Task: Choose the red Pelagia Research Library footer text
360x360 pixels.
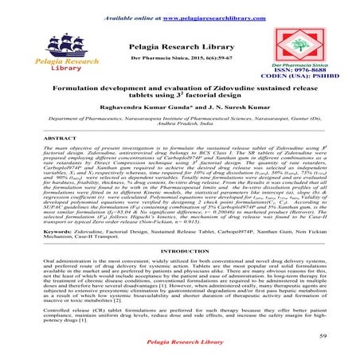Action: [180, 349]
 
